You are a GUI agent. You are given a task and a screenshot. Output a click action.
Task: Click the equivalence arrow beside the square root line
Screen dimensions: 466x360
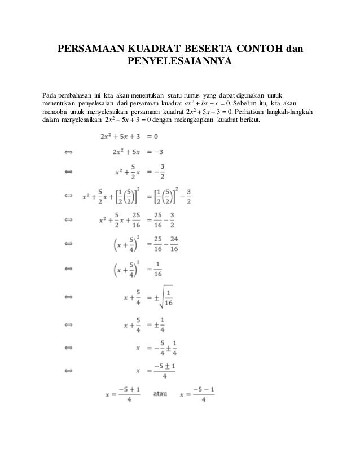[x=69, y=294]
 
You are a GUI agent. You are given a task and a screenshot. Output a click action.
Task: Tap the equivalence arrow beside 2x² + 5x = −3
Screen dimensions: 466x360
[x=69, y=152]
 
